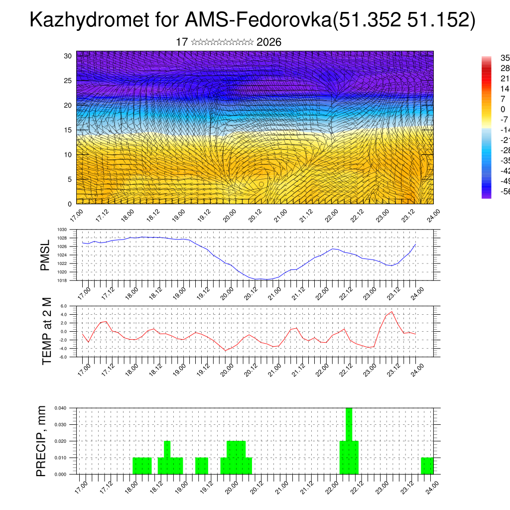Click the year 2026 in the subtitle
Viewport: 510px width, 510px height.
269,42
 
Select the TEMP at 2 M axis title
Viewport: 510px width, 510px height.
47,331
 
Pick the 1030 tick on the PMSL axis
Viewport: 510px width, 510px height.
62,230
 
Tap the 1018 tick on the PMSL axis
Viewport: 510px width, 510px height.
62,280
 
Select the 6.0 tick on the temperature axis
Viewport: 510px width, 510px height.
64,306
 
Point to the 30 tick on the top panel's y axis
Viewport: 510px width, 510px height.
68,56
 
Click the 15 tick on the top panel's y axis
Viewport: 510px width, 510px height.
68,130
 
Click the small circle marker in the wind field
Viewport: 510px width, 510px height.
261,184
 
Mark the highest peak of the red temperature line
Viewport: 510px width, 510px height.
392,312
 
